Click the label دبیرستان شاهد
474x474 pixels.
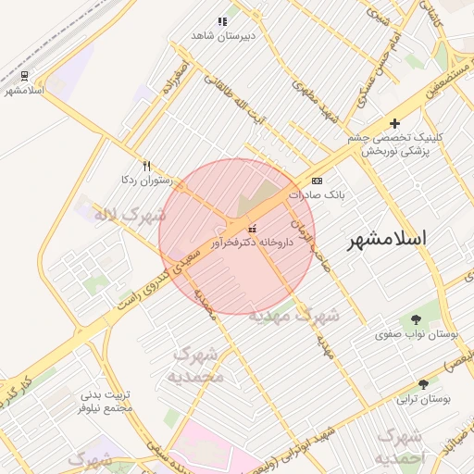221,35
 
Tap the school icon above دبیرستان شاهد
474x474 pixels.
221,20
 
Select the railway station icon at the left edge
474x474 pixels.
23,76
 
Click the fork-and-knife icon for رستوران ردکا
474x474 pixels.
146,166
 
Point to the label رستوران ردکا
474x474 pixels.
141,180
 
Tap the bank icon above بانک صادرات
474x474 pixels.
318,181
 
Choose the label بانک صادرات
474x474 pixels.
315,195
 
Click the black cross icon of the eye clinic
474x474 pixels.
395,123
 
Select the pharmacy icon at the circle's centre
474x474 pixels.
251,228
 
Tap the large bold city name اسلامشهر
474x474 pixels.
388,239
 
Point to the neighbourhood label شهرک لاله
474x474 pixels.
130,216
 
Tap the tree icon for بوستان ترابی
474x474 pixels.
423,384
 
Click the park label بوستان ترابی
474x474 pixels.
423,399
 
